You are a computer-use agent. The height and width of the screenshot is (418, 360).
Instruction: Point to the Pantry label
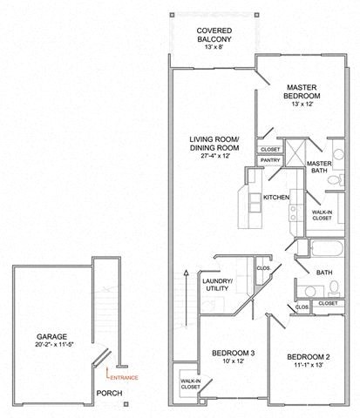pyautogui.click(x=269, y=160)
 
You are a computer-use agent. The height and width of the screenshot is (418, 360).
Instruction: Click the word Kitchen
pyautogui.click(x=276, y=199)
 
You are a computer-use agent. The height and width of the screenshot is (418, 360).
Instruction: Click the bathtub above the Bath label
pyautogui.click(x=319, y=253)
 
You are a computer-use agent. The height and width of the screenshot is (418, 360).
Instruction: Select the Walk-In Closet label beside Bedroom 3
pyautogui.click(x=188, y=384)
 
